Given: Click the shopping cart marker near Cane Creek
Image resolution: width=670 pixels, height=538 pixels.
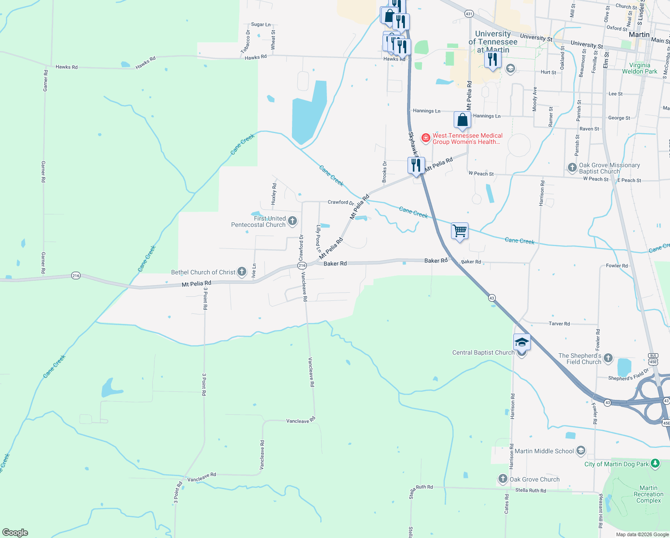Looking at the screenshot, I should point(460,231).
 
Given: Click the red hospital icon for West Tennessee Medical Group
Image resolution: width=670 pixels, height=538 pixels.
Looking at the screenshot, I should point(426,138).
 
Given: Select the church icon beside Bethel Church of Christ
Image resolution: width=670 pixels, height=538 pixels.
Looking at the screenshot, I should point(242,272).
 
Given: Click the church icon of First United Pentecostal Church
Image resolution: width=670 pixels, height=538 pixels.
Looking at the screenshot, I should point(292,221).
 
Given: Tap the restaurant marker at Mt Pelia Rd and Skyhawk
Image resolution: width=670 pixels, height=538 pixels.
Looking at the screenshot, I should point(416,165).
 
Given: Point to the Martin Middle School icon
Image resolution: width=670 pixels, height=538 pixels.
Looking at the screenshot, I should point(581,451).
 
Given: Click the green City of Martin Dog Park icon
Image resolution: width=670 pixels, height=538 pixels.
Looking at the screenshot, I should point(655,464).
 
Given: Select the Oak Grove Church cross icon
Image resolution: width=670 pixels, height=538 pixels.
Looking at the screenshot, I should point(503,479).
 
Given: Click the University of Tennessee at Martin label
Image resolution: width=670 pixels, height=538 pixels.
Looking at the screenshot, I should point(493,42).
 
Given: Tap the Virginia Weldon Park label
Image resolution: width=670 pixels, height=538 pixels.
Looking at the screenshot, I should point(639,68).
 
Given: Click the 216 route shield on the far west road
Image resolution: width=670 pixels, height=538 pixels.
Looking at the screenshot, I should point(76,275).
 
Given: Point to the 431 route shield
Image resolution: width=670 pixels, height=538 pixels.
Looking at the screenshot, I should point(469,14).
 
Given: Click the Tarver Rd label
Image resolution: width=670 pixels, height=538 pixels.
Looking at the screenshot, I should point(559,323).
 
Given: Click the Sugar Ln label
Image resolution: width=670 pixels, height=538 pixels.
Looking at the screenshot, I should point(261,24).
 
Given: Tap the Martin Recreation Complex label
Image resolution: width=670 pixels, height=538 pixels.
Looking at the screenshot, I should point(649,494).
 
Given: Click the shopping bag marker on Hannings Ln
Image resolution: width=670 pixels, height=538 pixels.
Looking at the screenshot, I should point(462,120).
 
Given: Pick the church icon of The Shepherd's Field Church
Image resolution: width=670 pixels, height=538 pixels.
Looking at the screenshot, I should point(608,358).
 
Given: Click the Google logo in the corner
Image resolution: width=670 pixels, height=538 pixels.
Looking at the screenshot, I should point(15,533).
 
